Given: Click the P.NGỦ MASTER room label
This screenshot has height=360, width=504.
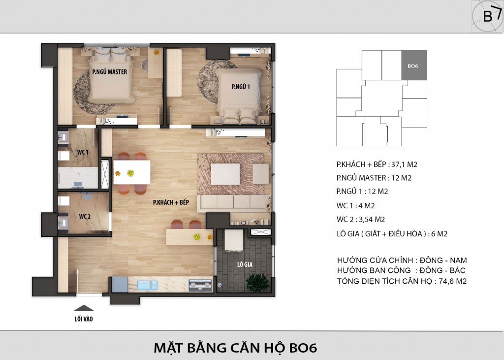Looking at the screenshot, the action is tap(110, 72).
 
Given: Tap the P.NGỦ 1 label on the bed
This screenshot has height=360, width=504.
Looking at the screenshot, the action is tap(241, 87).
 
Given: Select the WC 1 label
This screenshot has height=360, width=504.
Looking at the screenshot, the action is tap(83, 152).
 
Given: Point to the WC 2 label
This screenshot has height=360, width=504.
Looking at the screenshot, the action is tap(85, 217).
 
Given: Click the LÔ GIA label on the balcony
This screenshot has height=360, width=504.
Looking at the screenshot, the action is tap(245, 264).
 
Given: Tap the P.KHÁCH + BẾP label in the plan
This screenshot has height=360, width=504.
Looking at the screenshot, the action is tap(171, 202).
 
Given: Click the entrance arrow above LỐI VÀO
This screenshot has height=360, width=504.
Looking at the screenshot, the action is tap(84, 308).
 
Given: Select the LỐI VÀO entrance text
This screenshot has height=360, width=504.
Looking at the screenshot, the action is tap(84, 319).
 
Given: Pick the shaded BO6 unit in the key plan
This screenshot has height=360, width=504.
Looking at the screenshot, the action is tap(414, 65).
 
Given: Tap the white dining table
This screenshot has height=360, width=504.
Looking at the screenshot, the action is tap(132, 172).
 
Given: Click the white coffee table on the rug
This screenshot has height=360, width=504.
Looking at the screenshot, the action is tap(225, 174).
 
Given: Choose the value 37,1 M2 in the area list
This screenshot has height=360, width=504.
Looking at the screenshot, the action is tap(404, 164).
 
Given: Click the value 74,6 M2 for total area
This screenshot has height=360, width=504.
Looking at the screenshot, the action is tap(453, 281).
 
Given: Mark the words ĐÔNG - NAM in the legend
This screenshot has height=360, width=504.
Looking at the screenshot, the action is tap(443, 260).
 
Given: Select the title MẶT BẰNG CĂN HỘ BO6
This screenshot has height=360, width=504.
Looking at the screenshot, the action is tap(236, 348).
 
